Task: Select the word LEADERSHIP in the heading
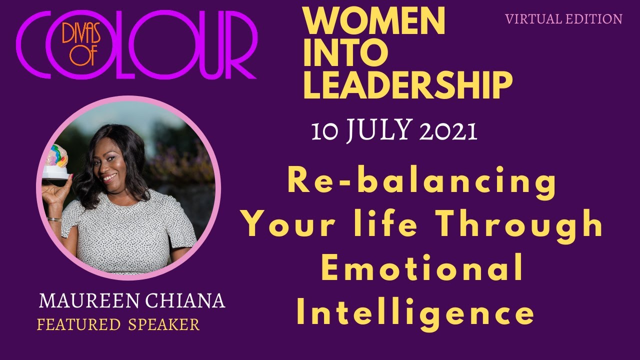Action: click(x=407, y=85)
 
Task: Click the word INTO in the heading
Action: click(x=345, y=54)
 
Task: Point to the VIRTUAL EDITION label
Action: click(x=563, y=19)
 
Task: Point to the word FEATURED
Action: click(x=78, y=325)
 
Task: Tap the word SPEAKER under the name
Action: click(x=163, y=325)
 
